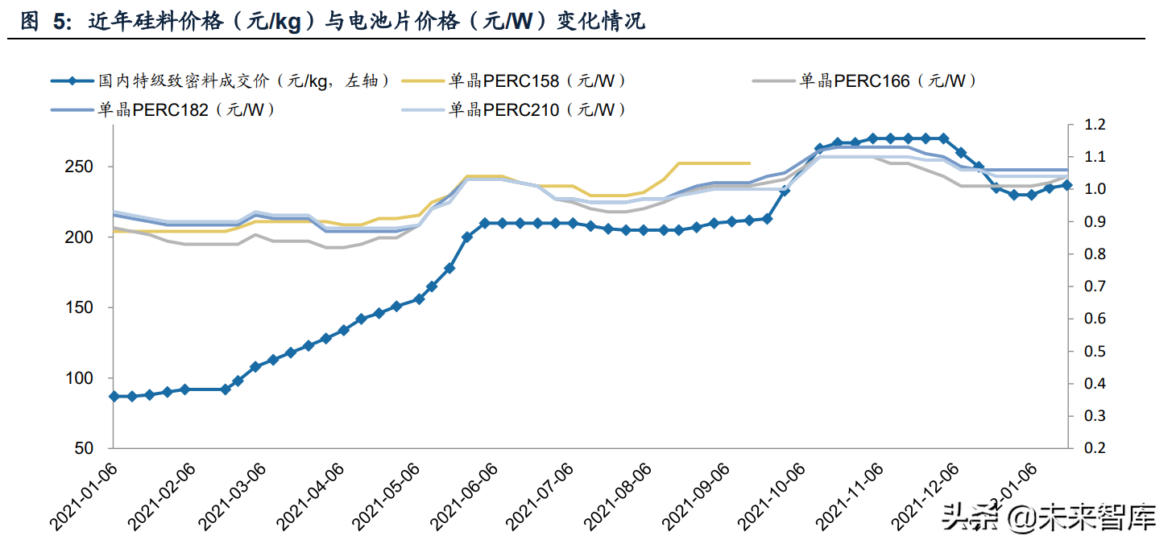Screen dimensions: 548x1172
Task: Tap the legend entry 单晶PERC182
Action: [187, 110]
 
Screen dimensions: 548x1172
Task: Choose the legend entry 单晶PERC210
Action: [537, 110]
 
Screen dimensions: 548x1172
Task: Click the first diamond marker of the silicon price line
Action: [114, 397]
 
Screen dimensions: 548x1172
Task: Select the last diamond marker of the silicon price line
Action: [1066, 185]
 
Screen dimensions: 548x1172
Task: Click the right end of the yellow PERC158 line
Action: [750, 163]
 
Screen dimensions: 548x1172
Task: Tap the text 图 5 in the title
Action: [40, 22]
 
